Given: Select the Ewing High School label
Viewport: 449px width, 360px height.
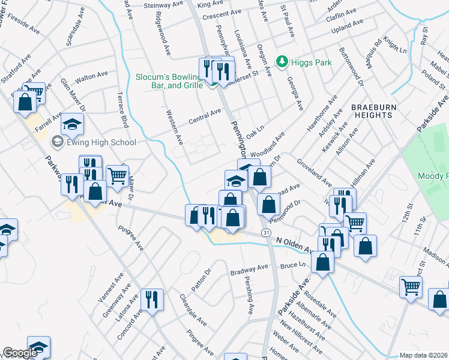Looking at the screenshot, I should [x=101, y=142].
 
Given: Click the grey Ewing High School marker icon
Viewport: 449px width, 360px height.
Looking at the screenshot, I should [x=58, y=142].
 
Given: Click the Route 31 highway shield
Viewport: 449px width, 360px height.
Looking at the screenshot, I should [x=265, y=232].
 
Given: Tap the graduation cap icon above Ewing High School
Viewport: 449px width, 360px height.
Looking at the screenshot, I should [x=73, y=124].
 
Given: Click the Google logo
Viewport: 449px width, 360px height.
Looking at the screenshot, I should [x=19, y=353].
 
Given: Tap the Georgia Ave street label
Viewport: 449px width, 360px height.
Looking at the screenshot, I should [x=294, y=92].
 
